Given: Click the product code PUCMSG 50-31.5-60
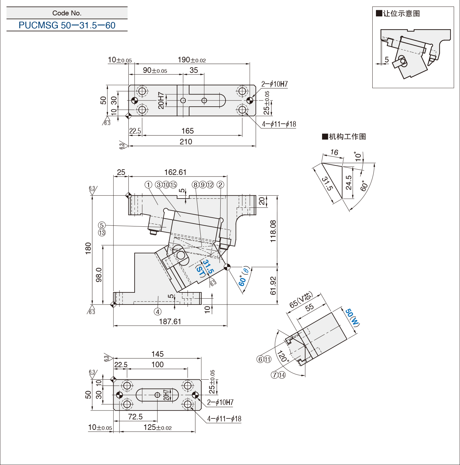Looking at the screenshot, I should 67,25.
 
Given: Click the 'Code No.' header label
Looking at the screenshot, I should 67,13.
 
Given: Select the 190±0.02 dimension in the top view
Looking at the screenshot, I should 192,60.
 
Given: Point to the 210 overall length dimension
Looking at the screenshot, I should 186,142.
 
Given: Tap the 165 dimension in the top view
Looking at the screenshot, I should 187,131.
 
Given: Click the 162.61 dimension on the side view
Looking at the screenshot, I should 175,172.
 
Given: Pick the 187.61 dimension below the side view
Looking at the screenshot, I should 170,322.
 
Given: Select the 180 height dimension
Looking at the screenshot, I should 88,249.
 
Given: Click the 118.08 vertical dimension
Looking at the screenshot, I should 273,231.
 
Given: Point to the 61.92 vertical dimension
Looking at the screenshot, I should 273,286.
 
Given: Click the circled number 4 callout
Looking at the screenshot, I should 158,312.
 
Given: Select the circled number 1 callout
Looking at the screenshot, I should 148,185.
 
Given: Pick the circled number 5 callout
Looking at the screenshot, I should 102,225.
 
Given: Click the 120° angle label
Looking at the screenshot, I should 283,356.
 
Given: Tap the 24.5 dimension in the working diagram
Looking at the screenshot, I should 349,182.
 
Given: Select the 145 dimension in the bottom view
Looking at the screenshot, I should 158,354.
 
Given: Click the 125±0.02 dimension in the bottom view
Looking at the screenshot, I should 158,427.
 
